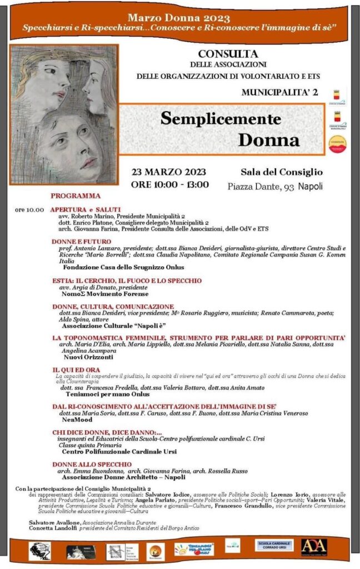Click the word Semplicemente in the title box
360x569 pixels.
[x=221, y=118]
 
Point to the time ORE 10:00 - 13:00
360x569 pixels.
[x=169, y=184]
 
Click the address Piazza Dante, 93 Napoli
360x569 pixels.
[x=274, y=186]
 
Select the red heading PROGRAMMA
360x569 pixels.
[x=76, y=196]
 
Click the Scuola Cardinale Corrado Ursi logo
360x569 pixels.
[x=273, y=546]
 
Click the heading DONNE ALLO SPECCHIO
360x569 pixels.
[x=92, y=464]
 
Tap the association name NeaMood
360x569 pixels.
[x=77, y=420]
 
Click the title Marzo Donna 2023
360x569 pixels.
[x=179, y=18]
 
